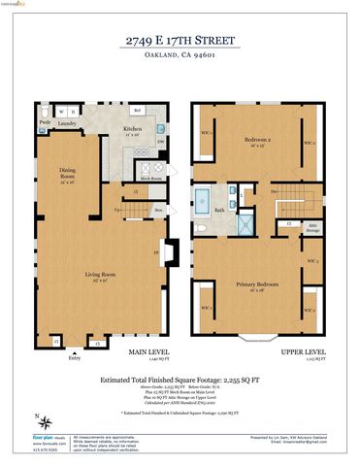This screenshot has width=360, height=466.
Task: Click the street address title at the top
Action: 180,40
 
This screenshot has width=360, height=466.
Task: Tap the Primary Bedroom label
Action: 256,285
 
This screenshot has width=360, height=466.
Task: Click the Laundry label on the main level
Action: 68,124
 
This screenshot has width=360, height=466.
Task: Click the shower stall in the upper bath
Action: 245,225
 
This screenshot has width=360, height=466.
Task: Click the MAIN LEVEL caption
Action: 147,353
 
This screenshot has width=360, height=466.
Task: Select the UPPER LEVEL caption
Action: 305,353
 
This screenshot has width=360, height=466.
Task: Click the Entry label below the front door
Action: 74,357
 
